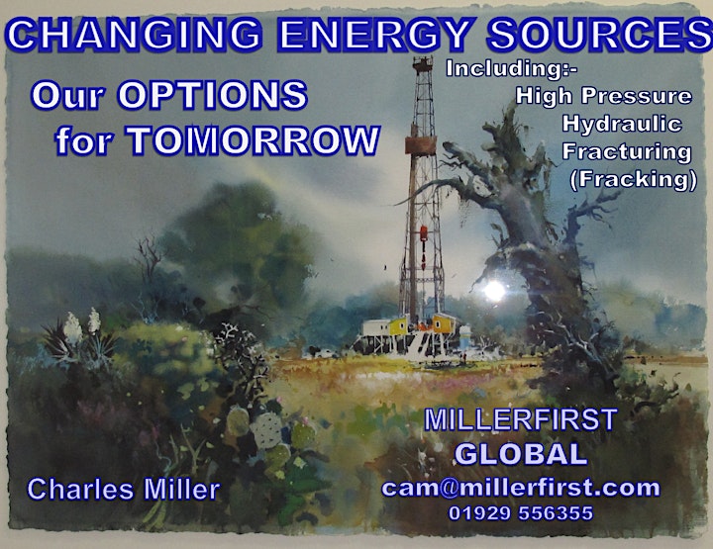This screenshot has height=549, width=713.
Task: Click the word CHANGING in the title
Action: (134, 34)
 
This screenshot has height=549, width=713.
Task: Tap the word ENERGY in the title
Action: (374, 34)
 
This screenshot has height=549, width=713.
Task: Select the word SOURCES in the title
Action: (600, 34)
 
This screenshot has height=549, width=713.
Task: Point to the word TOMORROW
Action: (253, 139)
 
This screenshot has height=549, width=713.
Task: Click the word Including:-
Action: (512, 68)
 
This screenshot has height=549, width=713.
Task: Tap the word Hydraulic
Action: (622, 124)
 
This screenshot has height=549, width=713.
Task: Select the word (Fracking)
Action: (633, 179)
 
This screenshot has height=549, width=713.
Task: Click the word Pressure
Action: (637, 96)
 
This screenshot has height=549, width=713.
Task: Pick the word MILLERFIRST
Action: (520, 419)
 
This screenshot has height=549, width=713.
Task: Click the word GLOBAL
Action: (521, 454)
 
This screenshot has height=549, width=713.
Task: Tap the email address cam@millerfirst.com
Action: (521, 488)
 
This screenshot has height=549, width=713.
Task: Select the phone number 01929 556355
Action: (521, 513)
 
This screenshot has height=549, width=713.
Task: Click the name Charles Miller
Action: (124, 490)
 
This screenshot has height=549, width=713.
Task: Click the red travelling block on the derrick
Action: (424, 233)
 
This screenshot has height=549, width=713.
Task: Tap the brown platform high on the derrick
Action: (421, 145)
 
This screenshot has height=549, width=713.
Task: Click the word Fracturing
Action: (627, 151)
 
